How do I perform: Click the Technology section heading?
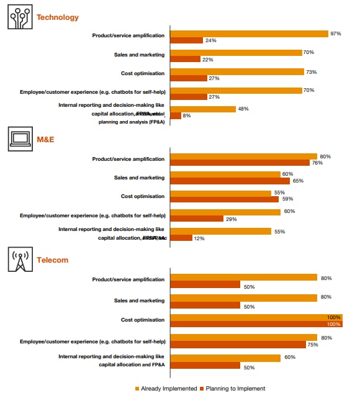pyautogui.click(x=58, y=17)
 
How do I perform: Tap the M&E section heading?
pyautogui.click(x=46, y=139)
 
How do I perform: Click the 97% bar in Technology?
pyautogui.click(x=249, y=34)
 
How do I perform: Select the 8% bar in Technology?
pyautogui.click(x=176, y=115)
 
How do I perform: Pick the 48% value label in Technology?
pyautogui.click(x=243, y=109)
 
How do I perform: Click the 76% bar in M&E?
pyautogui.click(x=240, y=163)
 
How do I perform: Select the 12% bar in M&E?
pyautogui.click(x=181, y=238)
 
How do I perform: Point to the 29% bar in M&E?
pyautogui.click(x=197, y=219)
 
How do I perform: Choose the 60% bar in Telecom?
pyautogui.click(x=225, y=358)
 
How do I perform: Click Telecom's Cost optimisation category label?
pyautogui.click(x=143, y=320)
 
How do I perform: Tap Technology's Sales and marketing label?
pyautogui.click(x=139, y=55)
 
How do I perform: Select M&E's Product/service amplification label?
pyautogui.click(x=128, y=159)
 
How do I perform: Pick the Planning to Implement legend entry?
pyautogui.click(x=232, y=389)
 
